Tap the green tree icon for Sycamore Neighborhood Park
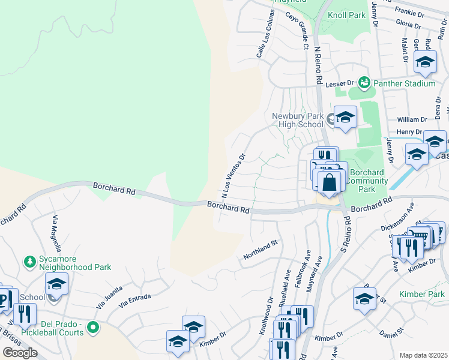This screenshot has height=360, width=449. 29,262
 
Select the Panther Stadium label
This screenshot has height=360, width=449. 404,83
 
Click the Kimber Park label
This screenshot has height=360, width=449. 422,294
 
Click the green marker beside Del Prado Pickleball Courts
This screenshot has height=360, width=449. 92,328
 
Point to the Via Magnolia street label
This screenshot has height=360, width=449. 57,235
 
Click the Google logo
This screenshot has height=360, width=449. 20,353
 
